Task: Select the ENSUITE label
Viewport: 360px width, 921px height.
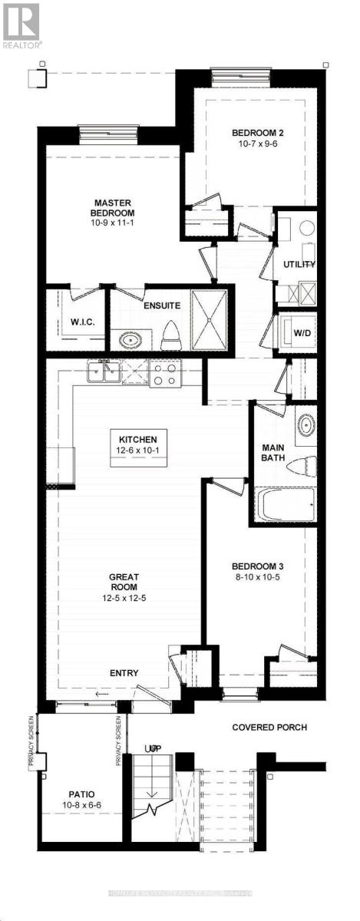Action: (x=161, y=305)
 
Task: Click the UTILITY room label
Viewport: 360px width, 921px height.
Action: (x=299, y=265)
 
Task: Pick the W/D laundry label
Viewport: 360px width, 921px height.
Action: (x=302, y=333)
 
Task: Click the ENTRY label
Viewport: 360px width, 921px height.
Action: (x=124, y=673)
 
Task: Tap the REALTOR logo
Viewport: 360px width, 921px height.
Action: (x=21, y=25)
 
